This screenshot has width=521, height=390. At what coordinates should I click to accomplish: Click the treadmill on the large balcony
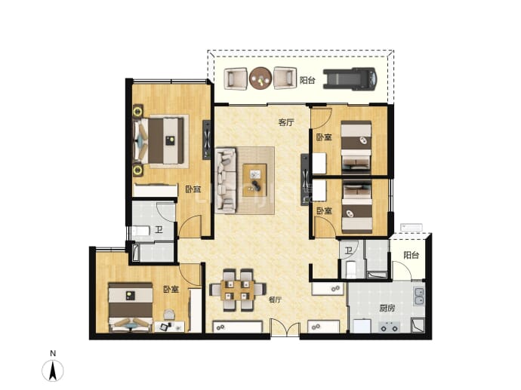[x=350, y=79]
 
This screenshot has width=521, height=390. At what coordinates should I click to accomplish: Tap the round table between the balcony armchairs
[x=260, y=78]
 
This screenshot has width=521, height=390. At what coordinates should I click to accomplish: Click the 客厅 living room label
[x=286, y=122]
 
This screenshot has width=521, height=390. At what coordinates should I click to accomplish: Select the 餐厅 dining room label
[x=275, y=299]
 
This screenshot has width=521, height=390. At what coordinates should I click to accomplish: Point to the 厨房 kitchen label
[x=387, y=309]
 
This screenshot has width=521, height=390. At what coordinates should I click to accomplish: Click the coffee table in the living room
[x=254, y=180]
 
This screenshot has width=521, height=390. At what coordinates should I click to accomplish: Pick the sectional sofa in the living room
[x=226, y=180]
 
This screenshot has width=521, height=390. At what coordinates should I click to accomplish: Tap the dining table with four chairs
[x=238, y=290]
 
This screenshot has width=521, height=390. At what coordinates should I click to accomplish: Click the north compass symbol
[x=53, y=370]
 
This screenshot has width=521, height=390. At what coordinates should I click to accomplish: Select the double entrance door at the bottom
[x=285, y=328]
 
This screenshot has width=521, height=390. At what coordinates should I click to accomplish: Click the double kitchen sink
[x=419, y=296]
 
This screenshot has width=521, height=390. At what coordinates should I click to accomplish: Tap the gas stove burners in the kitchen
[x=389, y=327]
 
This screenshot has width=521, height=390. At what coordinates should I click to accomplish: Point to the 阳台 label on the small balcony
[x=411, y=255]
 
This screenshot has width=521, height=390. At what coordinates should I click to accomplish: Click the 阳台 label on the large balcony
[x=307, y=80]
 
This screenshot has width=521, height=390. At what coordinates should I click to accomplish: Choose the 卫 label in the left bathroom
[x=159, y=229]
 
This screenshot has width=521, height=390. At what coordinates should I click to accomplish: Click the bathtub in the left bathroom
[x=153, y=253]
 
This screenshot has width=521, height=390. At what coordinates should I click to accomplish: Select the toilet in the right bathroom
[x=351, y=269]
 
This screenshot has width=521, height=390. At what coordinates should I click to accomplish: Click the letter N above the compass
[x=53, y=354]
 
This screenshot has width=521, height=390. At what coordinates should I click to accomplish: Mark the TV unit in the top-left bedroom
[x=206, y=140]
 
